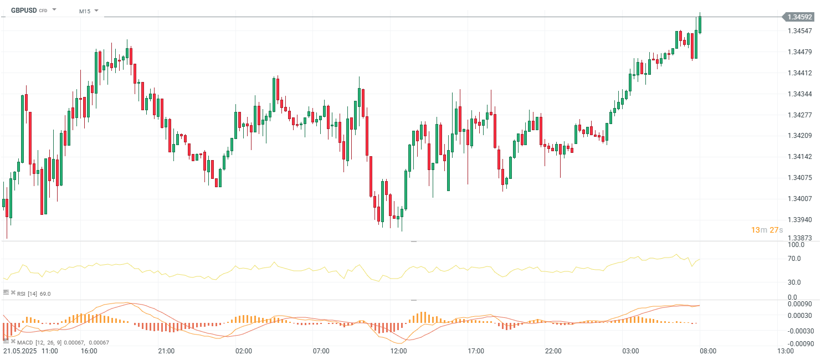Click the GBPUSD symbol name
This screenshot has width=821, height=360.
click(24, 10)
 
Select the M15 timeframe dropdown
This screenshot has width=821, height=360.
click(85, 11)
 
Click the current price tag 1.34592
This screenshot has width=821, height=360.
click(799, 17)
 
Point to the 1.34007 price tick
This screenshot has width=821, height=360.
click(799, 198)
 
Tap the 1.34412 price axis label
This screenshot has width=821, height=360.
click(799, 73)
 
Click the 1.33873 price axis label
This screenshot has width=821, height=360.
click(799, 238)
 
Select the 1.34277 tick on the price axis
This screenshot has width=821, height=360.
click(799, 115)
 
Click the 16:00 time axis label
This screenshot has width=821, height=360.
click(89, 351)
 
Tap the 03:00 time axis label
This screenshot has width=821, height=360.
click(630, 351)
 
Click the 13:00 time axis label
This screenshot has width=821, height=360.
click(785, 351)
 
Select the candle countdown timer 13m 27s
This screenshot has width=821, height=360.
click(766, 230)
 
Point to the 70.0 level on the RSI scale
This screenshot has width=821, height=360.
click(796, 259)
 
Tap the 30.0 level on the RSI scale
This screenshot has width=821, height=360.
click(796, 282)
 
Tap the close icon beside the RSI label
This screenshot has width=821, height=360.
click(13, 293)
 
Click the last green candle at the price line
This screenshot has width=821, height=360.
click(700, 25)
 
